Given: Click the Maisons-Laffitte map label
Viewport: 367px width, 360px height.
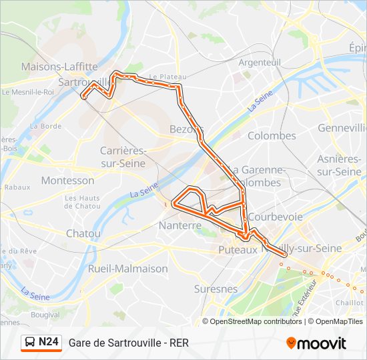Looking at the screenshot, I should pyautogui.click(x=59, y=67).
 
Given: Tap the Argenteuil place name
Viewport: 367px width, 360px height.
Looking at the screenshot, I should pyautogui.click(x=260, y=62).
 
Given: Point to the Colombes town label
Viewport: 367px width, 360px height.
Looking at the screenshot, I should pyautogui.click(x=272, y=136).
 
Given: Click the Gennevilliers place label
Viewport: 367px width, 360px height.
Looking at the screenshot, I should pyautogui.click(x=342, y=127).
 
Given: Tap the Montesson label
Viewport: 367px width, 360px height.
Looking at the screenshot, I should pyautogui.click(x=67, y=181).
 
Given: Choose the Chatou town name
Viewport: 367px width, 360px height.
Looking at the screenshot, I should pyautogui.click(x=83, y=233).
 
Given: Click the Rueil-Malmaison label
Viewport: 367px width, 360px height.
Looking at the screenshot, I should pyautogui.click(x=128, y=269).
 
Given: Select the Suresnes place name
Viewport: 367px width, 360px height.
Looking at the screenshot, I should pyautogui.click(x=216, y=289).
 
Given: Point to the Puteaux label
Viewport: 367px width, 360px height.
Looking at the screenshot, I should pyautogui.click(x=238, y=250).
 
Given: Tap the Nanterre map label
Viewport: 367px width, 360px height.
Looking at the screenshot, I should pyautogui.click(x=180, y=226).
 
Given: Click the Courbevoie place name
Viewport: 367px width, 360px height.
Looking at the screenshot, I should pyautogui.click(x=275, y=217).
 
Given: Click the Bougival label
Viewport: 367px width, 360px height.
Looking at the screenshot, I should pyautogui.click(x=45, y=314).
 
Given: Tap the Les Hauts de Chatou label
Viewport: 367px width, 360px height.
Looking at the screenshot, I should pyautogui.click(x=82, y=202).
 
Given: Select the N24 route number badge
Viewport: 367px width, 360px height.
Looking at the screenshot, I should pyautogui.click(x=49, y=343).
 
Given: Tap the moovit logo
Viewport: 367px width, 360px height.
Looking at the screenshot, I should pyautogui.click(x=316, y=343).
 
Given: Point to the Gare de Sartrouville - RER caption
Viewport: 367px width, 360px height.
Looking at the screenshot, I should pyautogui.click(x=129, y=343).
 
